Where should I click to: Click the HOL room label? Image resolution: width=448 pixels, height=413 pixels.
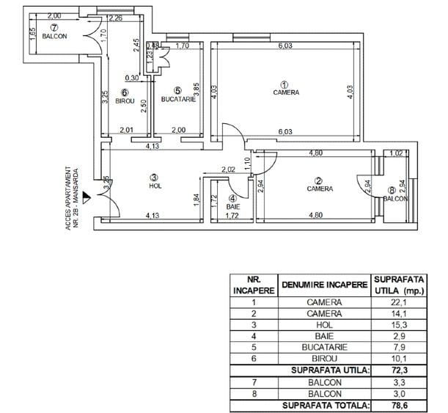pyautogui.click(x=154, y=186)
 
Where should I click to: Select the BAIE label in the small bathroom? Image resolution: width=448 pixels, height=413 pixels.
pyautogui.click(x=232, y=207)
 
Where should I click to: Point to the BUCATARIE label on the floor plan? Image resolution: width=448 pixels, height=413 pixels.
pyautogui.click(x=178, y=99)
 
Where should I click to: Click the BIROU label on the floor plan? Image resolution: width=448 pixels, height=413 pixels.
pyautogui.click(x=125, y=100)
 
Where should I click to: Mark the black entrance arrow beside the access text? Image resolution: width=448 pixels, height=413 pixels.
pyautogui.click(x=86, y=196)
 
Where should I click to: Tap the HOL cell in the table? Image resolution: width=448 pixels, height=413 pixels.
pyautogui.click(x=323, y=324)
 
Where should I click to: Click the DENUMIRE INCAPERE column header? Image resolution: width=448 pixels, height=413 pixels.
pyautogui.click(x=323, y=284)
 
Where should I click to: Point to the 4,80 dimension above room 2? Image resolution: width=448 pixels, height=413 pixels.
pyautogui.click(x=316, y=153)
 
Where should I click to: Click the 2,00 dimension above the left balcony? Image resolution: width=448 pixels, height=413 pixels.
pyautogui.click(x=54, y=15)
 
